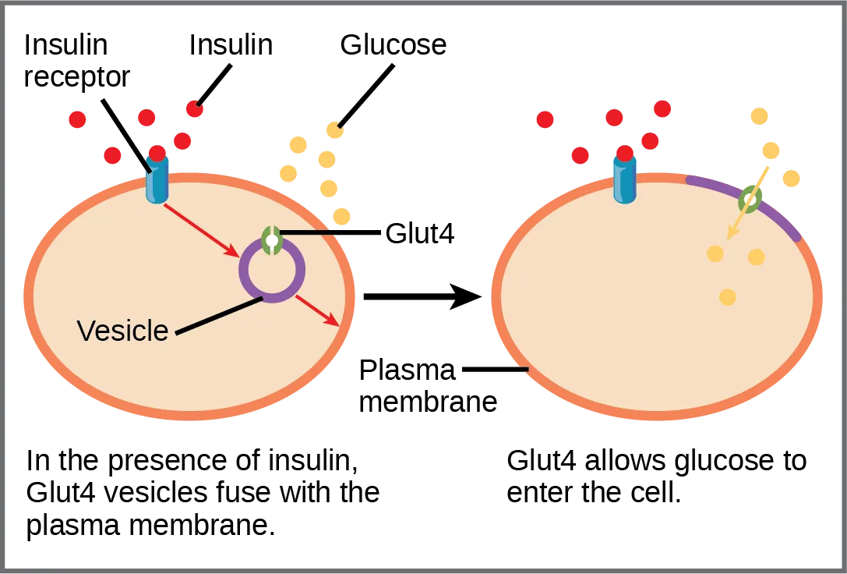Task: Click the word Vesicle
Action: (122, 331)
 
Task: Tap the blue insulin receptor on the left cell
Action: (157, 182)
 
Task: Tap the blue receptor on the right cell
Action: (624, 182)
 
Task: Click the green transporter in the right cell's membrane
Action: (750, 200)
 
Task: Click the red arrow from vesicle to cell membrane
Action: (317, 310)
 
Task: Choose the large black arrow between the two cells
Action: (421, 297)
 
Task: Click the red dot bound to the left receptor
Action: (157, 152)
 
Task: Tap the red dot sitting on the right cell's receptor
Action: (624, 152)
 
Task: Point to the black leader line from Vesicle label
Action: (219, 317)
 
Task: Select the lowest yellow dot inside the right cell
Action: (727, 296)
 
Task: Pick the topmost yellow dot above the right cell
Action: (758, 116)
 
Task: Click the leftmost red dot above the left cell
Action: (76, 119)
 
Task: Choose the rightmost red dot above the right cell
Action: (662, 109)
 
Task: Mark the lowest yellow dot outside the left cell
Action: (341, 215)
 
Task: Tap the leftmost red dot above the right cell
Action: (545, 119)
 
